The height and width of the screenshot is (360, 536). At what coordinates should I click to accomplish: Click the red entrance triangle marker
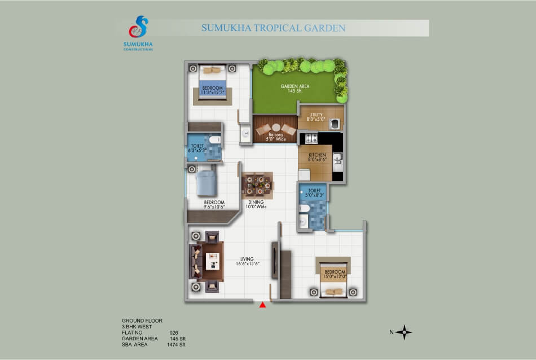pyautogui.click(x=262, y=305)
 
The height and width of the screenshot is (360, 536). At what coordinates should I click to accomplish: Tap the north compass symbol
pyautogui.click(x=404, y=332)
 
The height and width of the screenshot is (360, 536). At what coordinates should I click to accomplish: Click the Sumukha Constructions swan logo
pyautogui.click(x=138, y=27)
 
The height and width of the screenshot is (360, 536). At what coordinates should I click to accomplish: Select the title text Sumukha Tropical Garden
pyautogui.click(x=274, y=28)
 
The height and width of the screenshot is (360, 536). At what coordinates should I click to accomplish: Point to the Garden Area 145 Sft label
pyautogui.click(x=295, y=89)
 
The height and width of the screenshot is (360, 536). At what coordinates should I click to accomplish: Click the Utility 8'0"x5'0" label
pyautogui.click(x=316, y=117)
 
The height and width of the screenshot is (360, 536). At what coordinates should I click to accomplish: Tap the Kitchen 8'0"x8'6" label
pyautogui.click(x=317, y=157)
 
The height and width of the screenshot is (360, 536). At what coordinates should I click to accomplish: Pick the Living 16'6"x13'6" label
pyautogui.click(x=247, y=261)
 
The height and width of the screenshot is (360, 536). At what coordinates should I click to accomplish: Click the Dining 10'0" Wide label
pyautogui.click(x=256, y=204)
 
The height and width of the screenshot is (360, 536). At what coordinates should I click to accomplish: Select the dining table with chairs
pyautogui.click(x=257, y=185)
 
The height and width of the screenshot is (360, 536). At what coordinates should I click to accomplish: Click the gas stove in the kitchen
pyautogui.click(x=311, y=138)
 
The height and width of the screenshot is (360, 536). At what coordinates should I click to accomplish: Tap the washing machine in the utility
pyautogui.click(x=335, y=124)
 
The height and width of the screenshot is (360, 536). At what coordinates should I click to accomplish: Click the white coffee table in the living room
pyautogui.click(x=212, y=261)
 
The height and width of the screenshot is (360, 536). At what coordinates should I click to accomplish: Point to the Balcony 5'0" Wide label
pyautogui.click(x=276, y=137)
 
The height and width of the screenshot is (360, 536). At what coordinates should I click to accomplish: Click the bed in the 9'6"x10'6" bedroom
pyautogui.click(x=207, y=183)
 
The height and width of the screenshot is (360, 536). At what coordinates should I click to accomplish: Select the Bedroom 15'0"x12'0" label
pyautogui.click(x=335, y=274)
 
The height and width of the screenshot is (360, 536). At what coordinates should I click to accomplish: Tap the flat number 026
pyautogui.click(x=174, y=333)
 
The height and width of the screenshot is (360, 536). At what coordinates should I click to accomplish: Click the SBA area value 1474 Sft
pyautogui.click(x=176, y=345)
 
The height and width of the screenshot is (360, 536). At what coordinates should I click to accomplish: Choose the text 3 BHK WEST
pyautogui.click(x=137, y=327)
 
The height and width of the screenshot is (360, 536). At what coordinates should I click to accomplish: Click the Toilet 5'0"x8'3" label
pyautogui.click(x=314, y=193)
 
